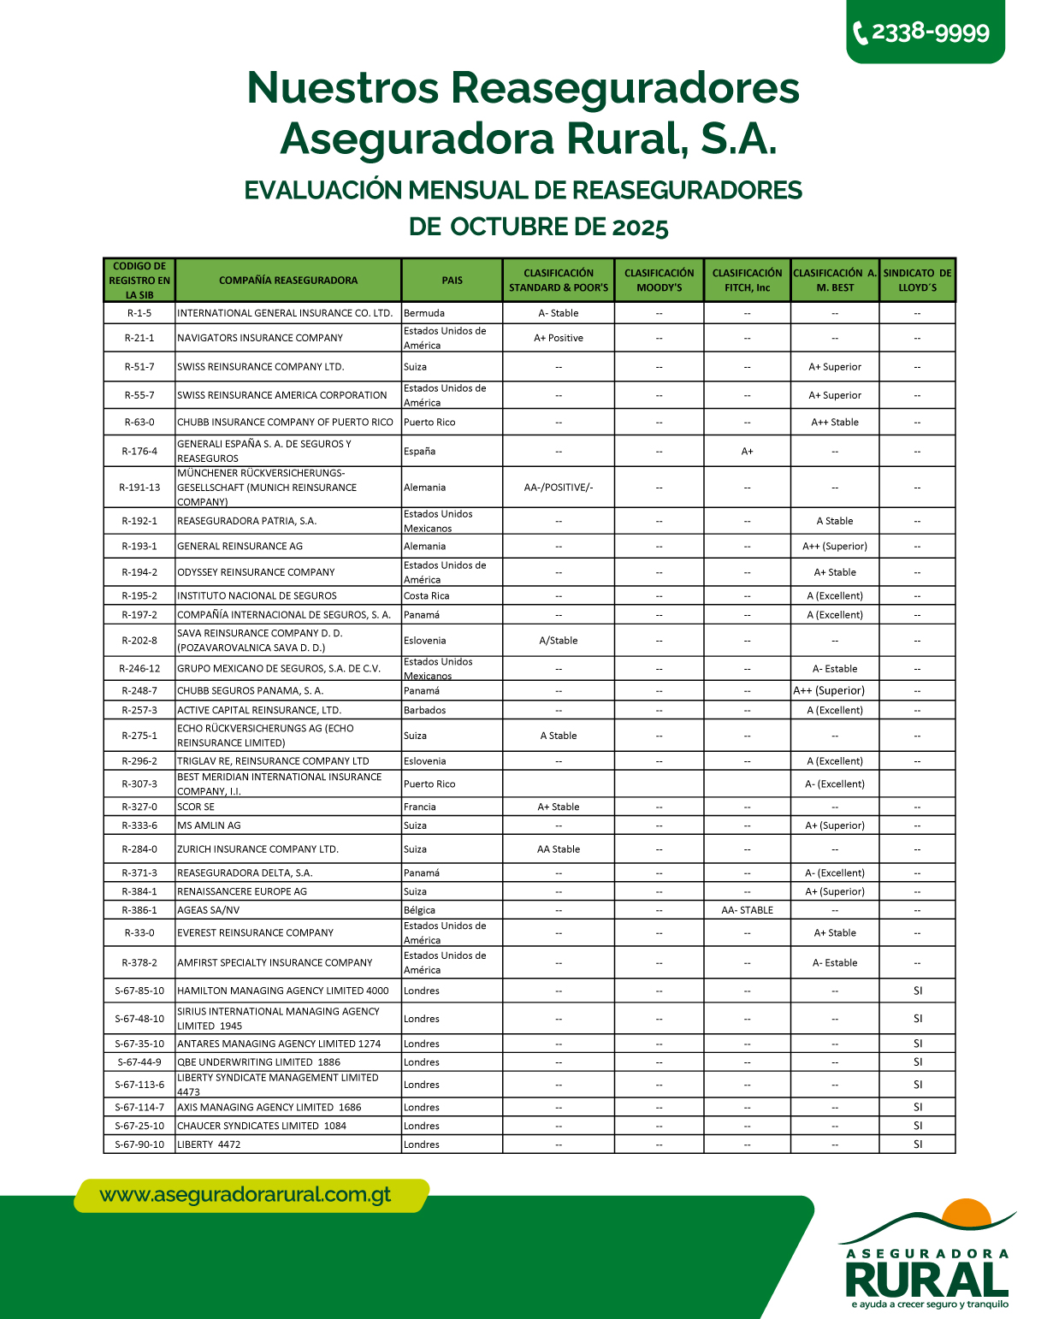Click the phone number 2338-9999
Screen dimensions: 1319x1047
coord(929,33)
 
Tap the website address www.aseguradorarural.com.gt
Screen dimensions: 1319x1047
coord(245,1195)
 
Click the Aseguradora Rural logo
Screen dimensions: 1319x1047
coord(927,1257)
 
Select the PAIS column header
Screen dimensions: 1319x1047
coord(452,281)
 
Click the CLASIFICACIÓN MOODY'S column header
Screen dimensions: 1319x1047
coord(659,281)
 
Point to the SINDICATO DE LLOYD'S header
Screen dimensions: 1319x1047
coord(917,281)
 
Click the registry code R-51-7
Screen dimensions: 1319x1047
coord(139,367)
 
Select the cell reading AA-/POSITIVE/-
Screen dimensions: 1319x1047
coord(559,488)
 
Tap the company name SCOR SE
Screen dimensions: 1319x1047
coord(196,807)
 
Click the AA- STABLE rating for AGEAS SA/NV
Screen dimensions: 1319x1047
coord(747,910)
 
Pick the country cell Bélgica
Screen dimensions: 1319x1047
coord(419,910)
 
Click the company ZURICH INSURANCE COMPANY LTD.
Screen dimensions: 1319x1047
coord(257,849)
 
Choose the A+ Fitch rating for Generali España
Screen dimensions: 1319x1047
coord(747,451)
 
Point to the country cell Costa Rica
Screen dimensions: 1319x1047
coord(426,595)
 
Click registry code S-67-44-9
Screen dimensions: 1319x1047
coord(139,1062)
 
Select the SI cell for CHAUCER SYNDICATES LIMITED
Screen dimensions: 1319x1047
coord(917,1126)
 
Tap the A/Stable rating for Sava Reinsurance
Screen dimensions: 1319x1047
coord(559,641)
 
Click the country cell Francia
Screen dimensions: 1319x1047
coord(420,807)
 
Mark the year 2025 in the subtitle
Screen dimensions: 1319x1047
coord(640,228)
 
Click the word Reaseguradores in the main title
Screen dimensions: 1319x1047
coord(625,88)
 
